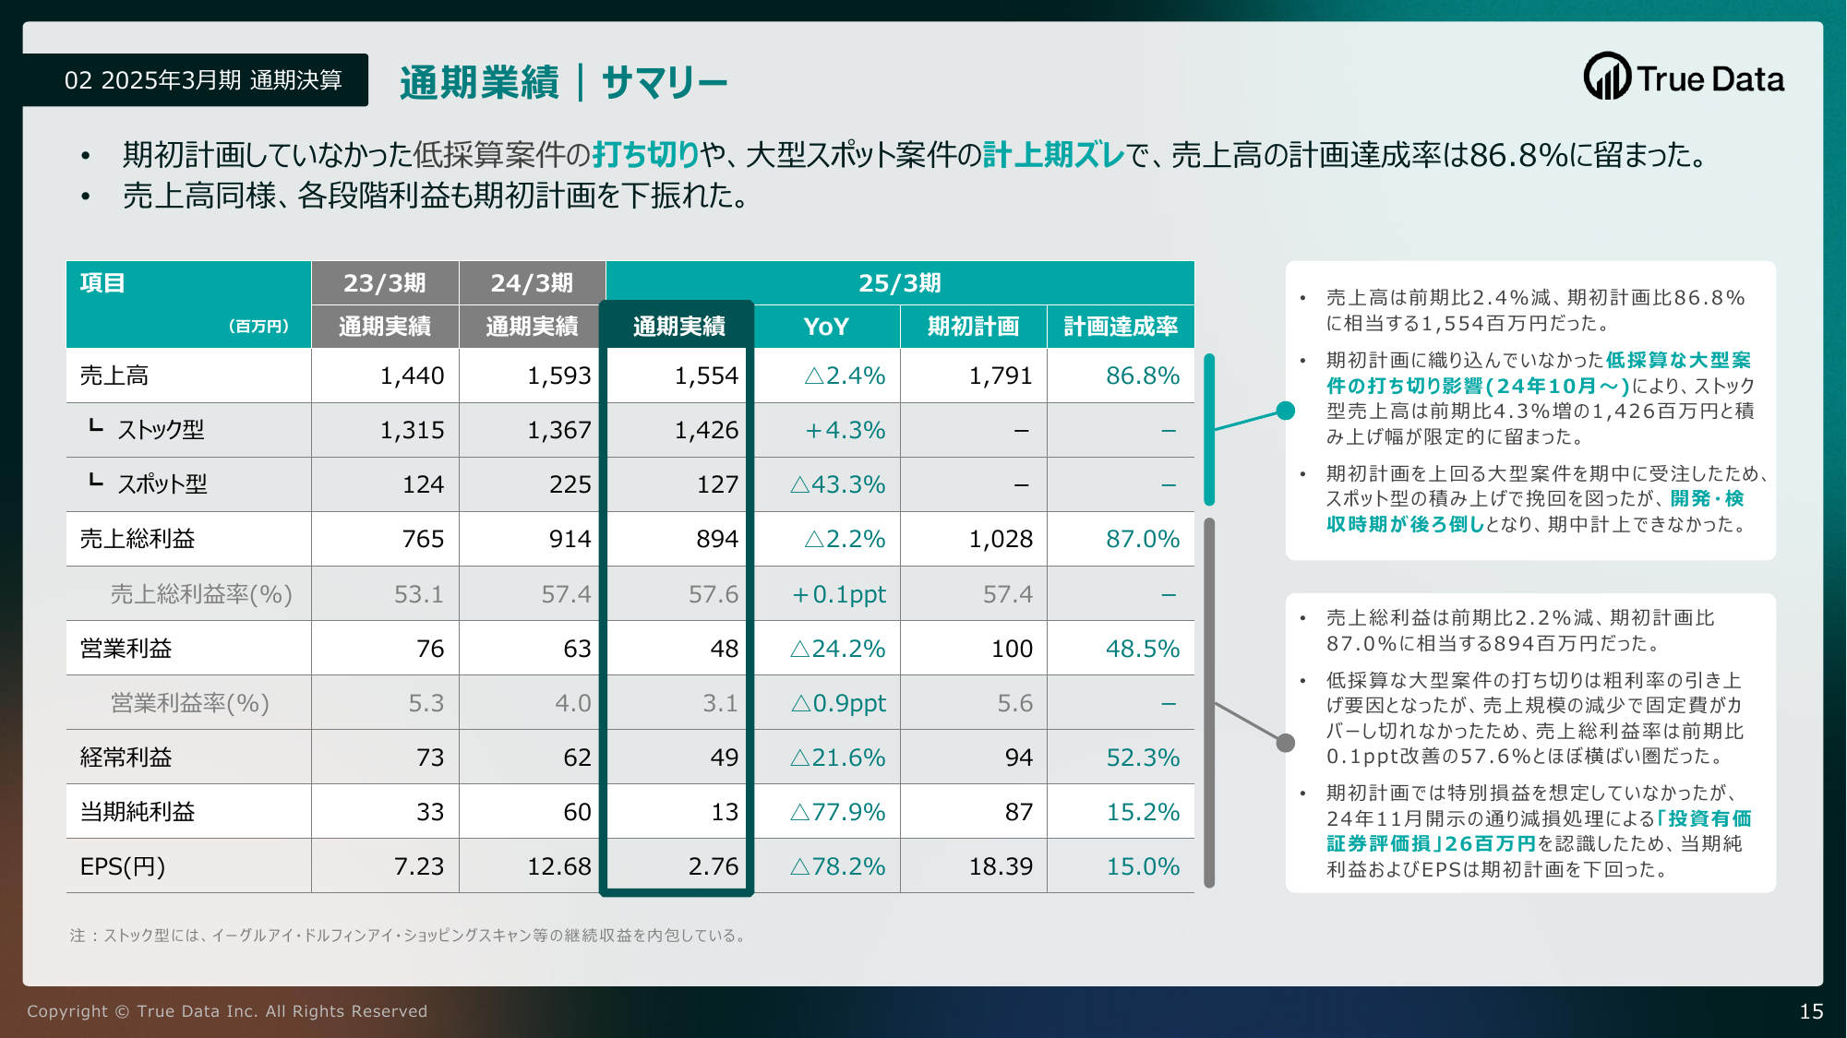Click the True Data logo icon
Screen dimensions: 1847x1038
coord(1608,76)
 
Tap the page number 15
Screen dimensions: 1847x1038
coord(1811,1011)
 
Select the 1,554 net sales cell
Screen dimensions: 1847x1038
coord(706,376)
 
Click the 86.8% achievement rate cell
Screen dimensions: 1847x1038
coord(1143,376)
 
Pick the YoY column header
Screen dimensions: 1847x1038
coord(826,327)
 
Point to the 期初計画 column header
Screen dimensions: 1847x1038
coord(973,327)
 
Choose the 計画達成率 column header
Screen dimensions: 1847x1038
coord(1121,327)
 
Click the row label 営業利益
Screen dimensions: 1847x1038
coord(126,649)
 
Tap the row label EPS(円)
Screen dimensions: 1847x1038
coord(123,866)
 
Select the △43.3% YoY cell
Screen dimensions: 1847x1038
coord(838,484)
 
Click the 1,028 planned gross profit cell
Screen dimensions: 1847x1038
coord(1001,539)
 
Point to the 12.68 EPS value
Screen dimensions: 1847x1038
coord(559,866)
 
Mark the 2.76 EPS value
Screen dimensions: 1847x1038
coord(714,866)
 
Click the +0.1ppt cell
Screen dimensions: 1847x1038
coord(839,594)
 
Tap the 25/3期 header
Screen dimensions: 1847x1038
coord(900,283)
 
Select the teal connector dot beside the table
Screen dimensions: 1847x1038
coord(1285,412)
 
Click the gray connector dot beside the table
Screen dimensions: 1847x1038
coord(1285,743)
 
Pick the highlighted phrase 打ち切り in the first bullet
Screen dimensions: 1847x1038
coord(646,154)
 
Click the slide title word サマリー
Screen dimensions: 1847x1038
coord(665,82)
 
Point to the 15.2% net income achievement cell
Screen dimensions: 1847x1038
coord(1143,812)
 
